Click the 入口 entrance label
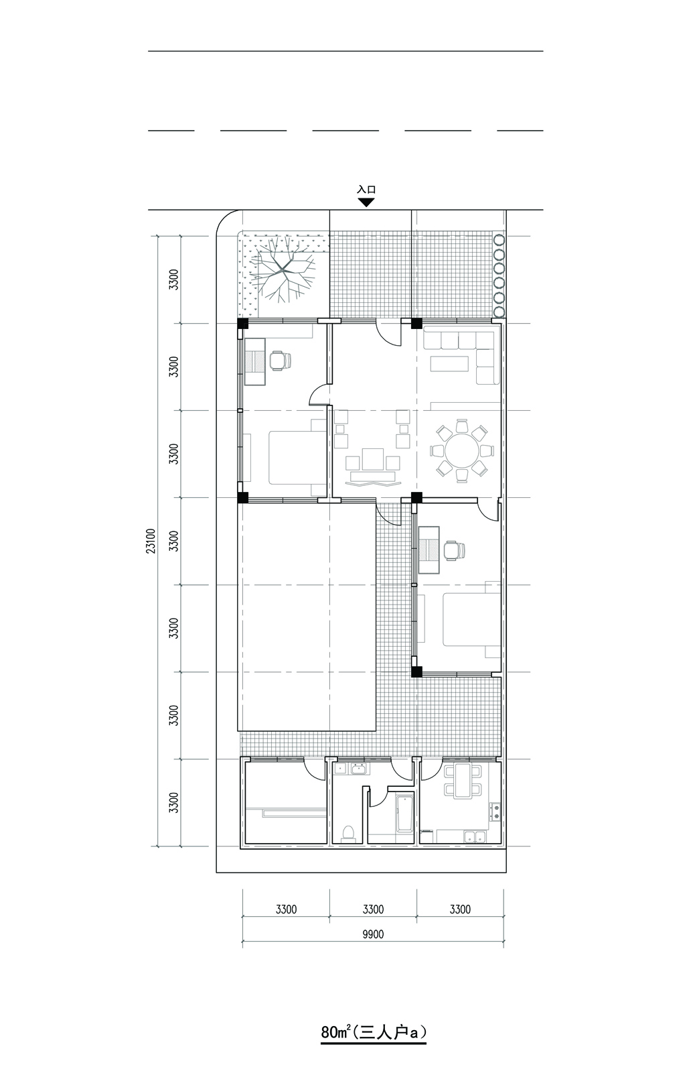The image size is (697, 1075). coord(366,190)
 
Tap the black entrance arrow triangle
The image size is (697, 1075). coord(366,202)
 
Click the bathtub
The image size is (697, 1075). coord(404,814)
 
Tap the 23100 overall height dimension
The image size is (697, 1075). coord(151,542)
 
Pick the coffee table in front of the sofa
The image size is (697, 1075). coord(449,363)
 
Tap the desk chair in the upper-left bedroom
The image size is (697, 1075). coord(279,361)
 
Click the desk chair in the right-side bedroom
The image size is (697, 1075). coord(453,550)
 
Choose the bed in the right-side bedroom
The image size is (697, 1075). coord(472,619)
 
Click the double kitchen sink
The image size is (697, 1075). coord(475,836)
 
